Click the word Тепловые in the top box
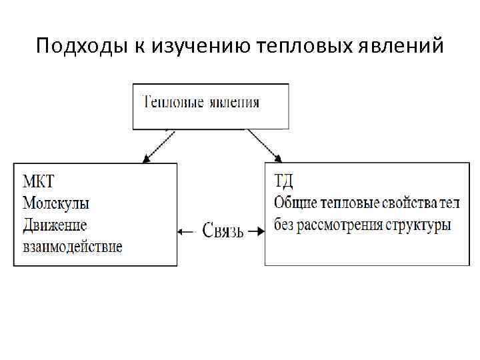coord(175,102)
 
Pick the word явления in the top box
coord(234,102)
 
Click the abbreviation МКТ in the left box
coord(39,182)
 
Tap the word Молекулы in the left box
coord(56,203)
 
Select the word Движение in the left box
coord(55,225)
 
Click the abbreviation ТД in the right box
coord(285,181)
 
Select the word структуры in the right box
coord(418,224)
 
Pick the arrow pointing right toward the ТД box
coord(255,233)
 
